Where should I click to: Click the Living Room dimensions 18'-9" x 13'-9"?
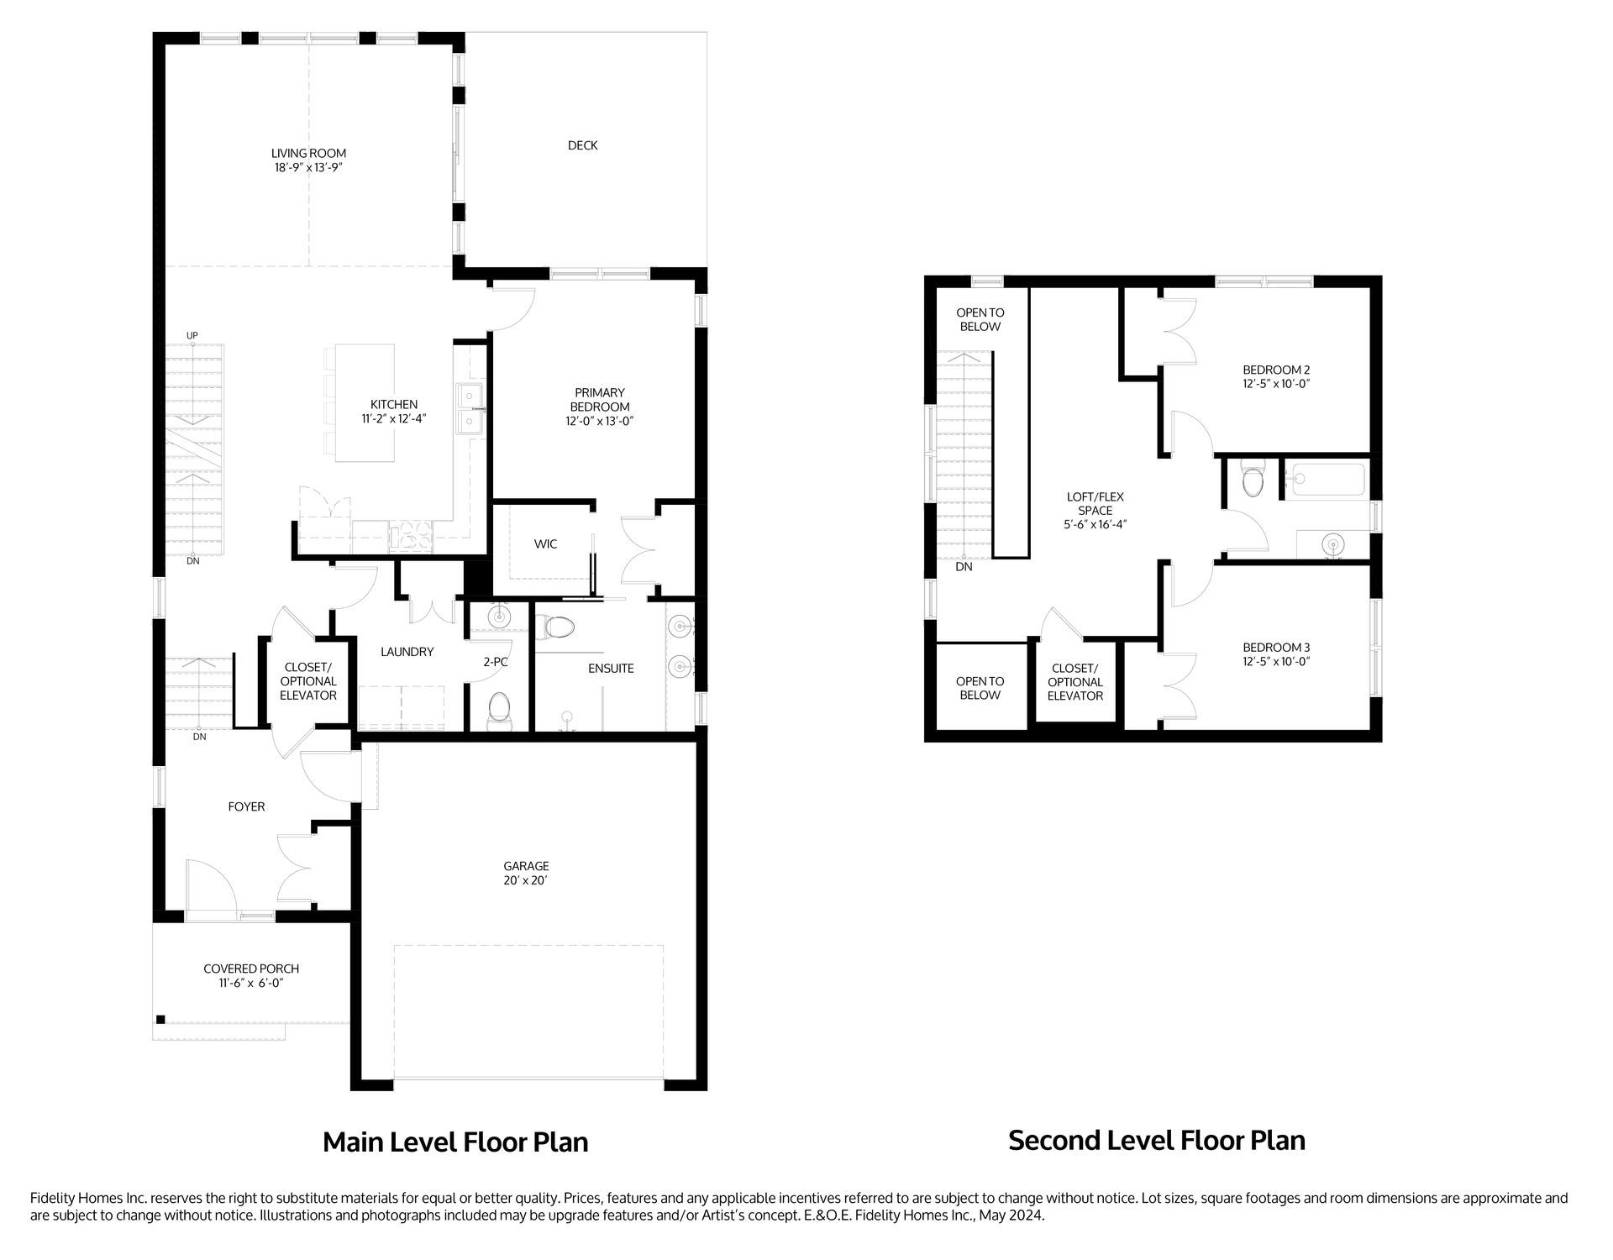[308, 168]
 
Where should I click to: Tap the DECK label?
[582, 145]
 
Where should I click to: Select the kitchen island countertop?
[365, 402]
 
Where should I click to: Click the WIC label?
[545, 544]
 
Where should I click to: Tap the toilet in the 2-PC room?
[499, 706]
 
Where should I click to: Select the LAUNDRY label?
[407, 652]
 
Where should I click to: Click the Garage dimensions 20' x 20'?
[526, 880]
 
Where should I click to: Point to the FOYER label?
[246, 806]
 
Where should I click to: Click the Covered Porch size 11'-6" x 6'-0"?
[251, 983]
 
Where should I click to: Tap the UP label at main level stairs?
[192, 336]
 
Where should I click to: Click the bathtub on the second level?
[1328, 480]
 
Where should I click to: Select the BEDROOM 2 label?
[1276, 370]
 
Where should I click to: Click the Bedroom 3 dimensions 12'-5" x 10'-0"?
[1276, 661]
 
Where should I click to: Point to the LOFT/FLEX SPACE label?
[1095, 503]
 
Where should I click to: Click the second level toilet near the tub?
[1252, 480]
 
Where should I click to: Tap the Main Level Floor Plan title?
[455, 1142]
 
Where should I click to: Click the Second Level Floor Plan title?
[1156, 1140]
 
